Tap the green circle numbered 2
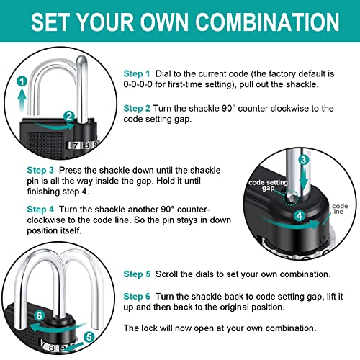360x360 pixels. click(x=68, y=115)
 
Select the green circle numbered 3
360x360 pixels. click(x=304, y=160)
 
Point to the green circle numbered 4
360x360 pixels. click(x=298, y=214)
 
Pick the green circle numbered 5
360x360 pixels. click(x=89, y=336)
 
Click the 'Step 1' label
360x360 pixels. click(x=136, y=73)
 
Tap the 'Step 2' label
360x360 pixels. click(x=136, y=107)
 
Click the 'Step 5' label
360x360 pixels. click(x=137, y=274)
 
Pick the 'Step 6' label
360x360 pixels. click(x=137, y=296)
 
